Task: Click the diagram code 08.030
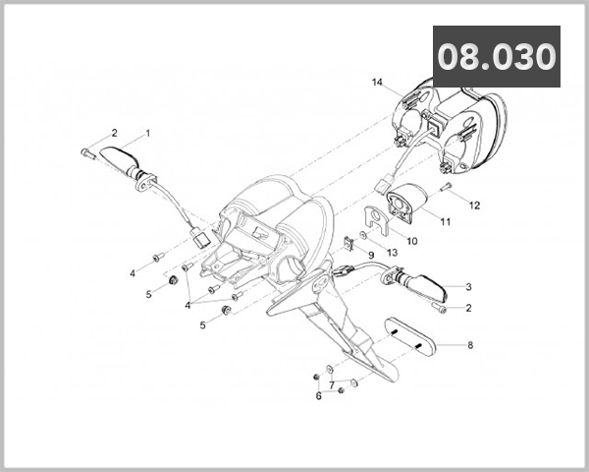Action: click(x=497, y=57)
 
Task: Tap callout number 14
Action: click(x=377, y=82)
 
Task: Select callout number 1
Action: click(x=147, y=134)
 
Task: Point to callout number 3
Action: click(x=468, y=287)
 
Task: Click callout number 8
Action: click(x=470, y=345)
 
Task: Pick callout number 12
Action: click(x=475, y=206)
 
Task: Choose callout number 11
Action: click(x=445, y=221)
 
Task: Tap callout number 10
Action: click(x=412, y=241)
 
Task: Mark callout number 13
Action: click(x=392, y=253)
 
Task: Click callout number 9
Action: click(x=371, y=256)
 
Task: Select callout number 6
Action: click(x=318, y=396)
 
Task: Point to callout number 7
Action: click(x=332, y=385)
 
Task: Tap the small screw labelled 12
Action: click(x=447, y=186)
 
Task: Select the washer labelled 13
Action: click(x=363, y=235)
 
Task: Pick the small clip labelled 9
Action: click(x=348, y=243)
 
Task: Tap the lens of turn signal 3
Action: click(x=429, y=287)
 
